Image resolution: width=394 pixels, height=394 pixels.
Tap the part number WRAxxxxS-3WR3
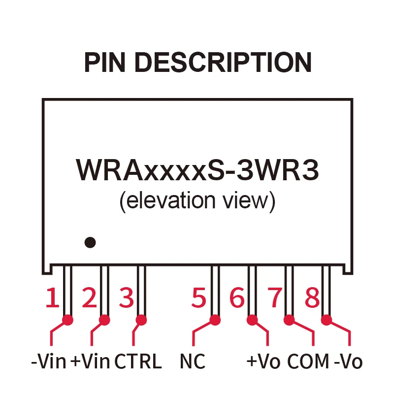coord(197,170)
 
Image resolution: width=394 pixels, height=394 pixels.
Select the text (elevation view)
coord(197,201)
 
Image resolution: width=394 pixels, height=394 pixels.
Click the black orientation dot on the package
coord(90,242)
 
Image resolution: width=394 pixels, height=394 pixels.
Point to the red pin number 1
coord(52,298)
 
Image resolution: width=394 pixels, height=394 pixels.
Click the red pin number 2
coord(89,298)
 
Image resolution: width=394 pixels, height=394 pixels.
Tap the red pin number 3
coord(127,298)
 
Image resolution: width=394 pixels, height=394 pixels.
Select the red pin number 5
coord(199,298)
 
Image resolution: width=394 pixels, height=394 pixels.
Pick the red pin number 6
coord(237,298)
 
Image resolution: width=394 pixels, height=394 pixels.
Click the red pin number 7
coord(274,298)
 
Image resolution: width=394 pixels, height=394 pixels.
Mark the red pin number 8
coord(312,298)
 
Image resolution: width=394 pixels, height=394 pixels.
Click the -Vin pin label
coord(48,362)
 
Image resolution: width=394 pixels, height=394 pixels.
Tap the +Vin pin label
coord(90,362)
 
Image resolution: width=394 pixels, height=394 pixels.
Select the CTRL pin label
coord(138,362)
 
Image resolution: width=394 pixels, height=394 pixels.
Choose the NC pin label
coord(192,362)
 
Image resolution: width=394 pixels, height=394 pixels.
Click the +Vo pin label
coord(263,362)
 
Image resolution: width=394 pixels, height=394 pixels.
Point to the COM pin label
coord(308,362)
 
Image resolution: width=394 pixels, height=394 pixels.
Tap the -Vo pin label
coord(348,362)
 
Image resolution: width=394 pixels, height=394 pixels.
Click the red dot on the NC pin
coord(215,320)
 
